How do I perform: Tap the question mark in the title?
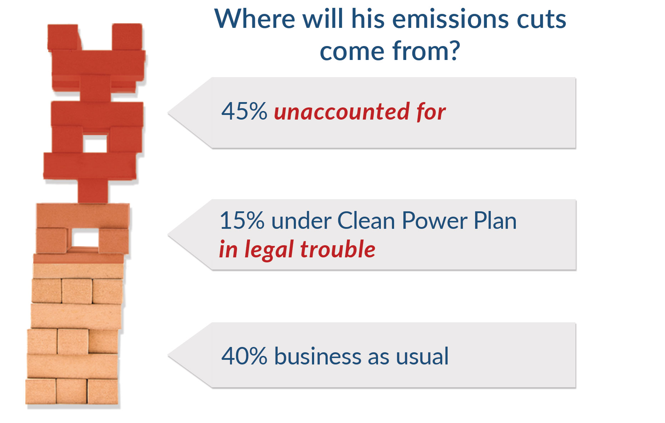point(453,51)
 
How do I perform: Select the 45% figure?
point(244,111)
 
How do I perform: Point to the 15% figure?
point(242,221)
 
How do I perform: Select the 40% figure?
point(244,356)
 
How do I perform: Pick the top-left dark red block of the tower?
point(63,37)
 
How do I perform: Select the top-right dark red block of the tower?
point(127,36)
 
